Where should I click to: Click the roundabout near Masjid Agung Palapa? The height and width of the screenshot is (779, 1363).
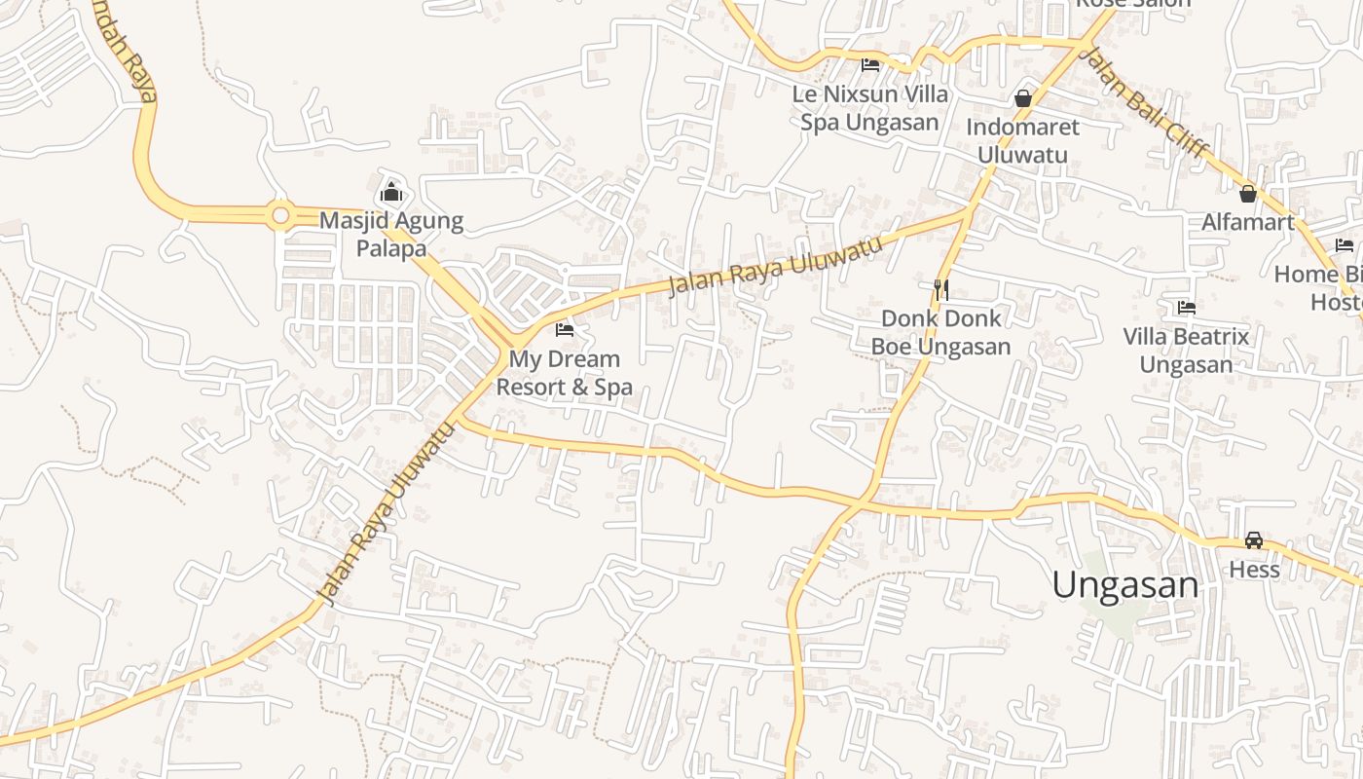[x=280, y=213]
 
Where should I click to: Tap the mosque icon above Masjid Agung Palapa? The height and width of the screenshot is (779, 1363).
[x=391, y=191]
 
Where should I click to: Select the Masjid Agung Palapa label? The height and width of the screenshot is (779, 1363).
[x=391, y=235]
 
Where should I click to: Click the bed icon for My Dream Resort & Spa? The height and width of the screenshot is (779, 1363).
[x=565, y=330]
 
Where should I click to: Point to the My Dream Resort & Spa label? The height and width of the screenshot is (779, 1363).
[x=565, y=373]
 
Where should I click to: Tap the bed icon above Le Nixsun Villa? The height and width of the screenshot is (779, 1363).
[x=870, y=65]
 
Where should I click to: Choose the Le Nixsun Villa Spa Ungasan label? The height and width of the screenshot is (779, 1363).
[x=870, y=108]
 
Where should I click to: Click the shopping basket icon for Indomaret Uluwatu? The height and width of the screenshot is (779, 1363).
[x=1023, y=98]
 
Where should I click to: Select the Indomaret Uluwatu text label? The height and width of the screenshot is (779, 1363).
[x=1023, y=141]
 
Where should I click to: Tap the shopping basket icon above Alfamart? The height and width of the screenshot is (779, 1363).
[x=1248, y=194]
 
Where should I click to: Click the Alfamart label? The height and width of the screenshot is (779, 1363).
[x=1248, y=222]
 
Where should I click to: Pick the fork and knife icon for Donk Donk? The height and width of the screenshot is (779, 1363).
[x=940, y=289]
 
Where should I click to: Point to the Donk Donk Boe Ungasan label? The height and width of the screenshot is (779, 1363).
[x=940, y=332]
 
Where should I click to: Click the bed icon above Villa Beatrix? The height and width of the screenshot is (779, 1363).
[x=1186, y=308]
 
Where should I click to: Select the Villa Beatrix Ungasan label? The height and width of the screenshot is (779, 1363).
[x=1186, y=351]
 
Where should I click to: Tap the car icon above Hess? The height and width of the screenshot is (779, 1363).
[x=1254, y=540]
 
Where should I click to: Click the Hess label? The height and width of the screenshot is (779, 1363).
[x=1254, y=569]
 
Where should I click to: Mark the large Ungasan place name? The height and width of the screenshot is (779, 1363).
[x=1125, y=585]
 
